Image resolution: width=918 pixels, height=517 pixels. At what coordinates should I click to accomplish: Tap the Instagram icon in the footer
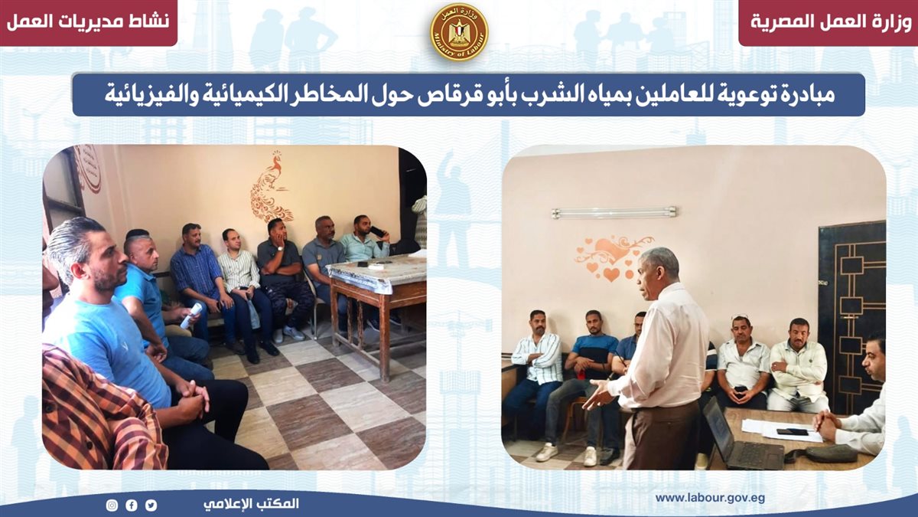click(112, 505)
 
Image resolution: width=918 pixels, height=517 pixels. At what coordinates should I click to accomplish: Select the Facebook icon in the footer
click(132, 505)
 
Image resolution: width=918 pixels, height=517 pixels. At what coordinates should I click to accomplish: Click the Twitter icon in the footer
click(151, 505)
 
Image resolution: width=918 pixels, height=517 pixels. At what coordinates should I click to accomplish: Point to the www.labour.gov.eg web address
click(710, 498)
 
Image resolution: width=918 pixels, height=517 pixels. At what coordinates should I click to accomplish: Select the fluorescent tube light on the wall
click(614, 213)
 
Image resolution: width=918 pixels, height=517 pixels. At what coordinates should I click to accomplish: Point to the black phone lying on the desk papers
click(793, 432)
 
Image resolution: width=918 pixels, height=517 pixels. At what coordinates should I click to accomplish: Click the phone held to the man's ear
click(378, 232)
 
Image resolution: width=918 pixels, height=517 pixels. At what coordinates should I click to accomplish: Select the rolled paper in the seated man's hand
click(191, 315)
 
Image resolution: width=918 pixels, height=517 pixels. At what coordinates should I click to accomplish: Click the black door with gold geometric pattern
click(851, 316)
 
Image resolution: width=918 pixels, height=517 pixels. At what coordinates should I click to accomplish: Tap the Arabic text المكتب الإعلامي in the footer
click(251, 504)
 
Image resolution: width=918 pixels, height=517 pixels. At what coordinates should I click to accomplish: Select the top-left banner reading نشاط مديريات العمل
click(88, 21)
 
